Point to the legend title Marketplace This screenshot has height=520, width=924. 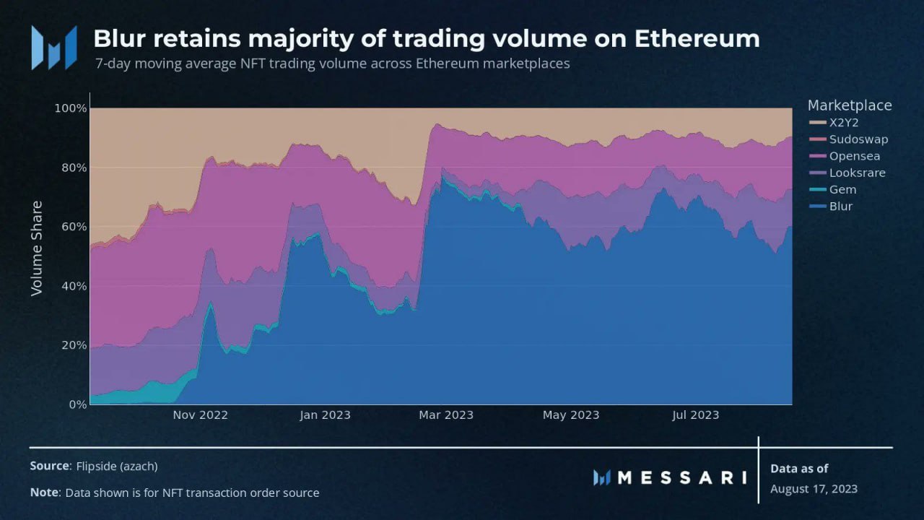pyautogui.click(x=849, y=105)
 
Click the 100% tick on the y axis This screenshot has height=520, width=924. pyautogui.click(x=70, y=108)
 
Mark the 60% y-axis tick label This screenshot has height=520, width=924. pyautogui.click(x=72, y=227)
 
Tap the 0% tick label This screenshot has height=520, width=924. pyautogui.click(x=77, y=404)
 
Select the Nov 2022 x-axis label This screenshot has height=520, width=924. pyautogui.click(x=200, y=415)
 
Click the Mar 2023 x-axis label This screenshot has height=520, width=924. pyautogui.click(x=446, y=415)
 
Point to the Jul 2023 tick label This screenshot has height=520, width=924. pyautogui.click(x=694, y=415)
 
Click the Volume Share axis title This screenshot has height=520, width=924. pyautogui.click(x=37, y=248)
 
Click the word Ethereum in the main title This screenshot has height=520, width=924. pyautogui.click(x=697, y=38)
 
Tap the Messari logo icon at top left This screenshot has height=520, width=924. pyautogui.click(x=53, y=48)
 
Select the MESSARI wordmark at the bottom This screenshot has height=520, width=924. pyautogui.click(x=682, y=477)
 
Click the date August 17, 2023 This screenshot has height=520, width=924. pyautogui.click(x=814, y=489)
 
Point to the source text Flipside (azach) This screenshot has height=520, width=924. pyautogui.click(x=117, y=467)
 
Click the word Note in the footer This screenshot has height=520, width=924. pyautogui.click(x=44, y=493)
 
